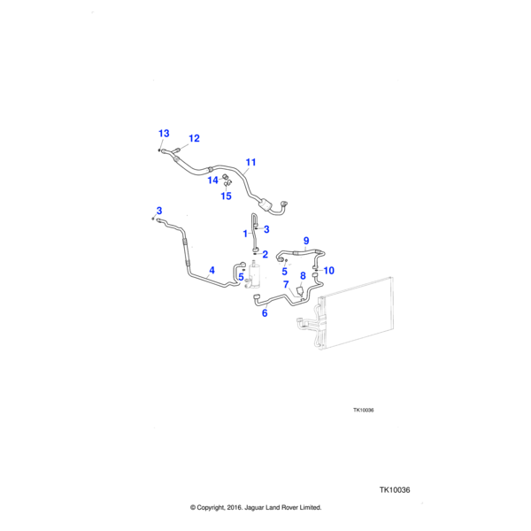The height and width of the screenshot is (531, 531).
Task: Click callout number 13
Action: (164, 133)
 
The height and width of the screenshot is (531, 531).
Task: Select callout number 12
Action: (194, 138)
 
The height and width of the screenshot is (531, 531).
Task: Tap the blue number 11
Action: (250, 162)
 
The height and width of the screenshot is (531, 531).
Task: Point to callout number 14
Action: (212, 180)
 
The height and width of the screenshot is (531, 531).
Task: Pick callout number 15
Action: (226, 196)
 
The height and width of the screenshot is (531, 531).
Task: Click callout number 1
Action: (245, 233)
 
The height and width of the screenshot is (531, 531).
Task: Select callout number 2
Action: (265, 254)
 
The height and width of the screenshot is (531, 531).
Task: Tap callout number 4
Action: (212, 270)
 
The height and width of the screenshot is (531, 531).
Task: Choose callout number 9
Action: (306, 240)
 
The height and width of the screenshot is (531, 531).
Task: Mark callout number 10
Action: (328, 270)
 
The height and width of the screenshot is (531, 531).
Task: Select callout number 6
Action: (264, 312)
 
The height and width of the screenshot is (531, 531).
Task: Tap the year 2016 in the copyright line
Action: (230, 507)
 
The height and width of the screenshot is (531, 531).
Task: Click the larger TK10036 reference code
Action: (397, 489)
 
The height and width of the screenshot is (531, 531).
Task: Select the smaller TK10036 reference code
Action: (364, 410)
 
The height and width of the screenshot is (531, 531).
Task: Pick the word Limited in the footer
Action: (307, 507)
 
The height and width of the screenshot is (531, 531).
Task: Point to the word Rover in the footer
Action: (282, 507)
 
